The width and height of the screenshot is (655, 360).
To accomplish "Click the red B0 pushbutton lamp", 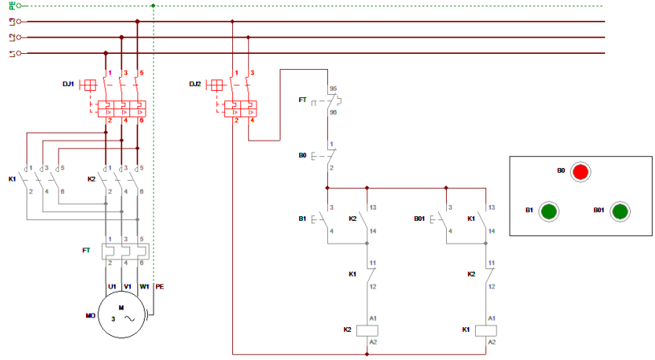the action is point(580,172).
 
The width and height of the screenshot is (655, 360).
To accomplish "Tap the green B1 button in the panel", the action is point(549,211).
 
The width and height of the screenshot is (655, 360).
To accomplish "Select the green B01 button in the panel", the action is point(620,211).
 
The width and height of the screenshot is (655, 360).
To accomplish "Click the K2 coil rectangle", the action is point(367,330).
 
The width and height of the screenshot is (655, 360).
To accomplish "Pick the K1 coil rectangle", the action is point(485,330).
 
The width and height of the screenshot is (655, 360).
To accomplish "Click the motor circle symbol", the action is point(121,314).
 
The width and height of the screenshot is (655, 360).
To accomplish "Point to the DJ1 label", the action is point(68,84).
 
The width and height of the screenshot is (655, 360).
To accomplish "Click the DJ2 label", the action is point(195,84).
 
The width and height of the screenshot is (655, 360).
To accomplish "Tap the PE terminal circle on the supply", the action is point(18,6).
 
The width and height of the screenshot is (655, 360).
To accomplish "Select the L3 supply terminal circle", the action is point(18,22).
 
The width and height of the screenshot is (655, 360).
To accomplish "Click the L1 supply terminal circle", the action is point(18,53).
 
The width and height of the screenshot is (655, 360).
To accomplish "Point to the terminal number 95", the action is point(333,88).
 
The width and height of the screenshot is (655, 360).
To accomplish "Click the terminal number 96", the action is point(333,112).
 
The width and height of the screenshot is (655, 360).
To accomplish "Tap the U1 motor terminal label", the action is point(112,287).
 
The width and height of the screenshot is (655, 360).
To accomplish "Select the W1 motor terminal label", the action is point(144,287).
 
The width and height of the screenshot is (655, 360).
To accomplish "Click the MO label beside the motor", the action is point(90,316).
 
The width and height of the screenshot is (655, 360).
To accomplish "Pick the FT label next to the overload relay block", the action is point(86,250).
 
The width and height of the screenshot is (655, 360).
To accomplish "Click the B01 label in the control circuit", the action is point(419,219).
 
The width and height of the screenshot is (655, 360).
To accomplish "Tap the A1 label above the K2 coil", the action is point(373,318).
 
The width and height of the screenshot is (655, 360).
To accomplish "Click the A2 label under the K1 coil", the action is point(492,342).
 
